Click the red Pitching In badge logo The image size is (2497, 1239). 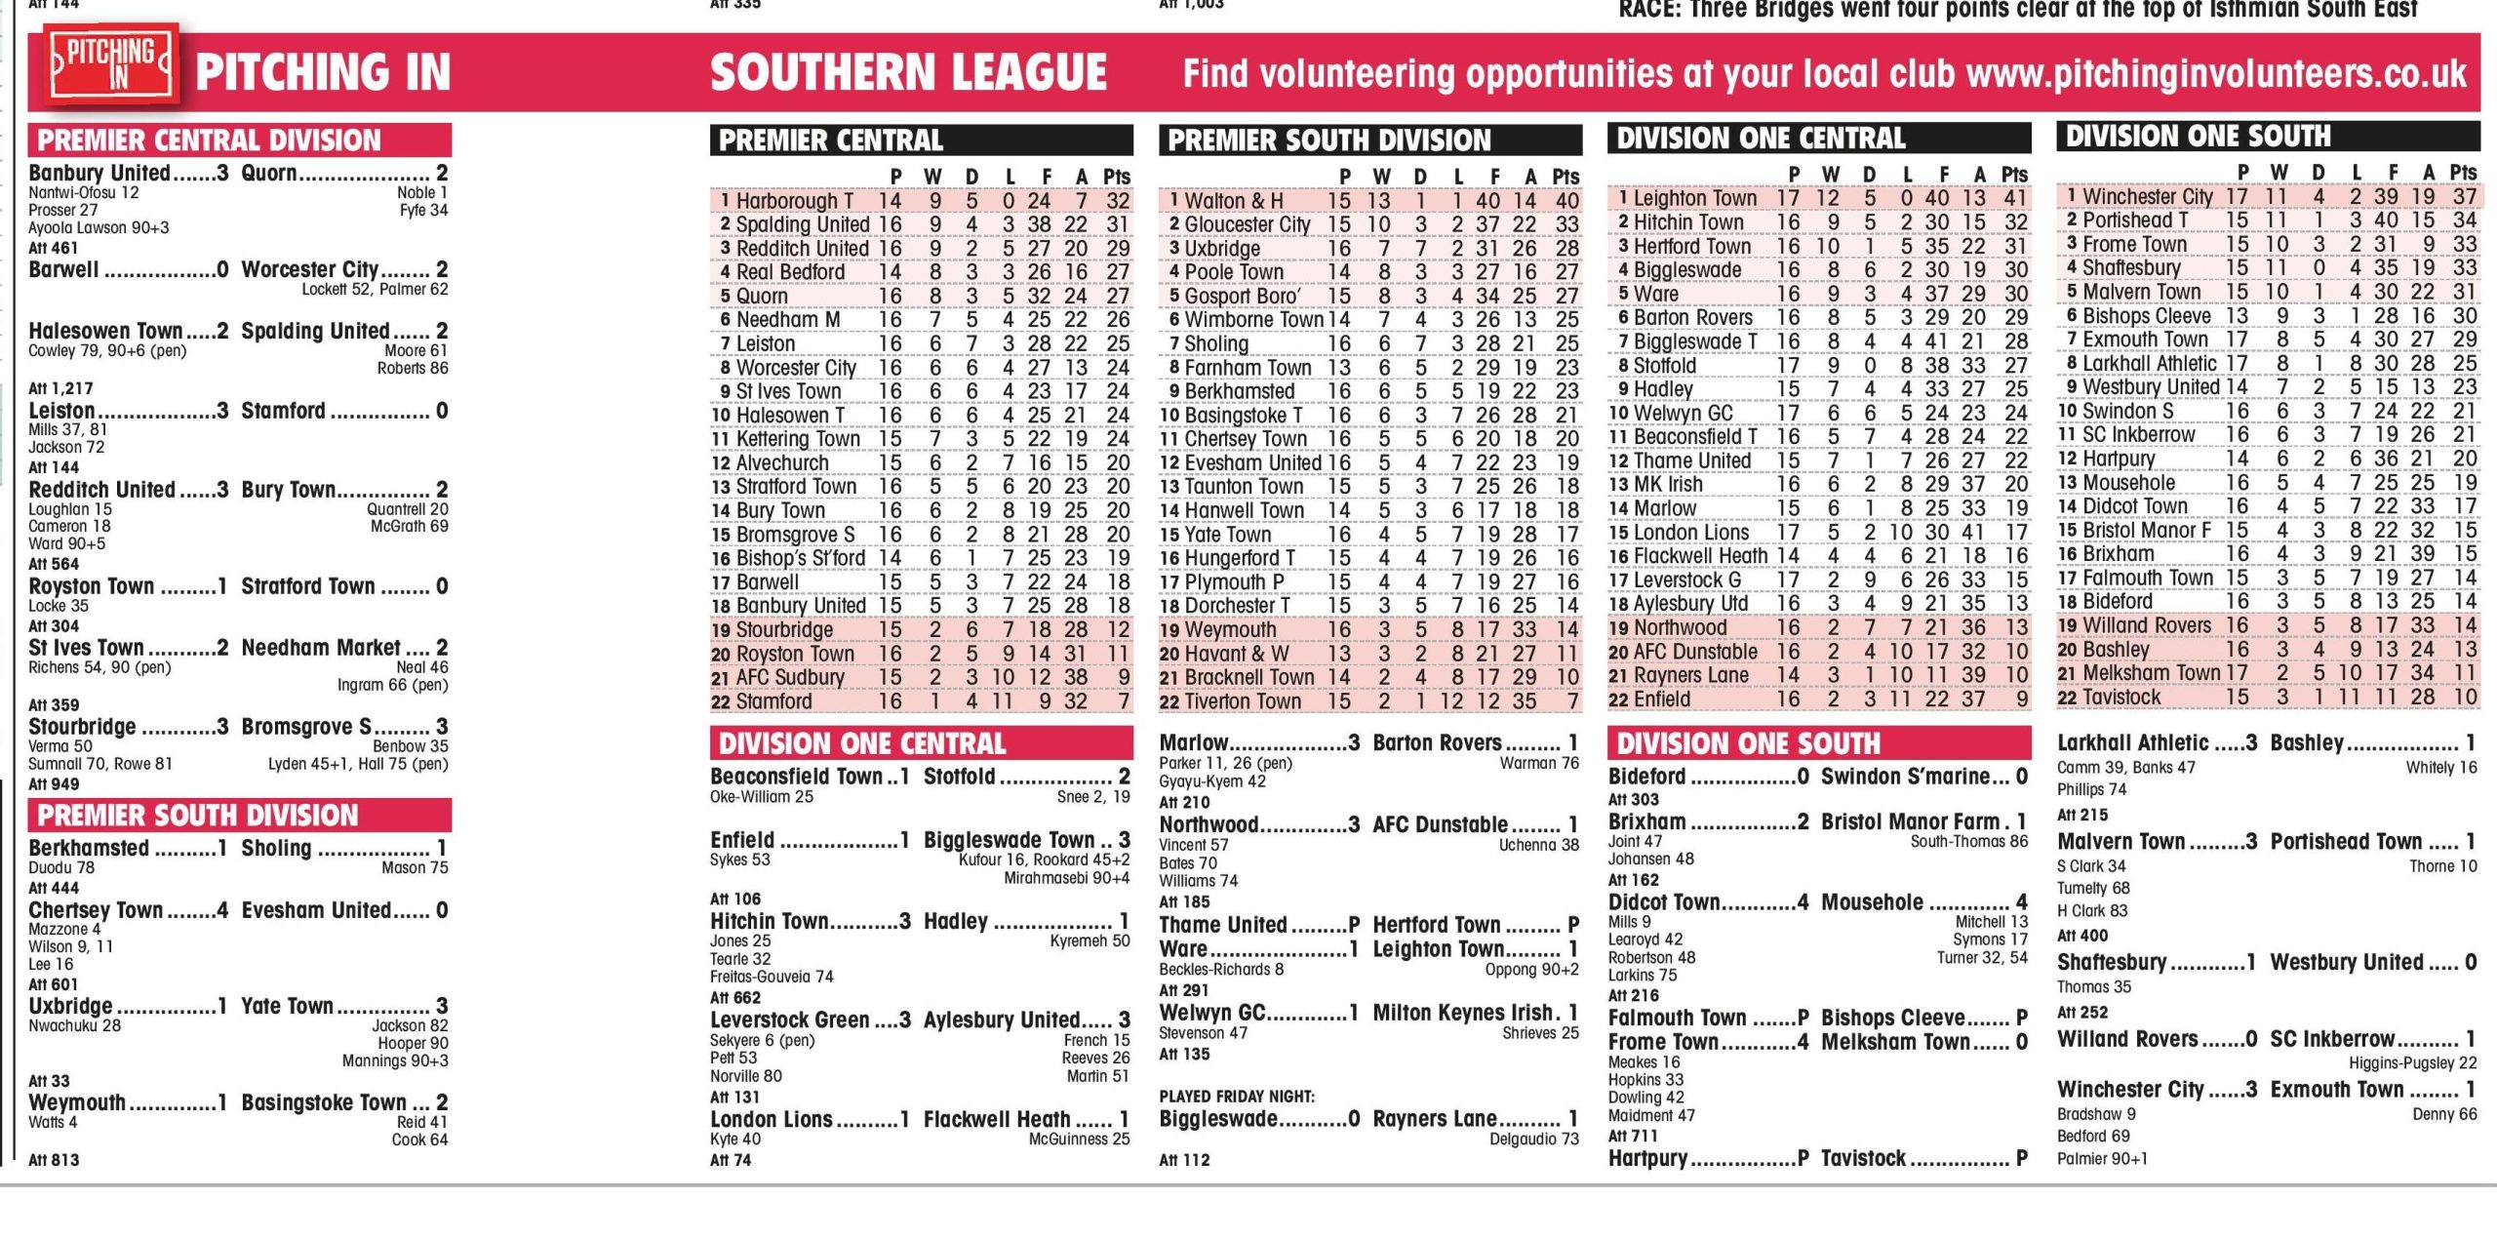tap(113, 64)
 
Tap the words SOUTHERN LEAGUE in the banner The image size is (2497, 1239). tap(908, 73)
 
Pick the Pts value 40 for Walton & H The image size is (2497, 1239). tap(1566, 201)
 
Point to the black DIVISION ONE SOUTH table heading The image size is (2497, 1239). tap(2199, 137)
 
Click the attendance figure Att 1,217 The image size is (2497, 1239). tap(60, 387)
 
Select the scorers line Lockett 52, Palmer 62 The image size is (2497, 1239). tap(375, 290)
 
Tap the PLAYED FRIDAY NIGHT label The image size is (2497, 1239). tap(1237, 1096)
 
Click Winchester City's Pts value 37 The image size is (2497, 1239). tap(2465, 197)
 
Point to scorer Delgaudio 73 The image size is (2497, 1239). tap(1533, 1139)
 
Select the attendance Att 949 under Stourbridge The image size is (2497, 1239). tap(54, 783)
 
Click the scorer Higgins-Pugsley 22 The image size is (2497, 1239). tap(2412, 1062)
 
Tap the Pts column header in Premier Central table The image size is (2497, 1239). tap(1116, 177)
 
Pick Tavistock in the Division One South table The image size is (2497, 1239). tap(2121, 698)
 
